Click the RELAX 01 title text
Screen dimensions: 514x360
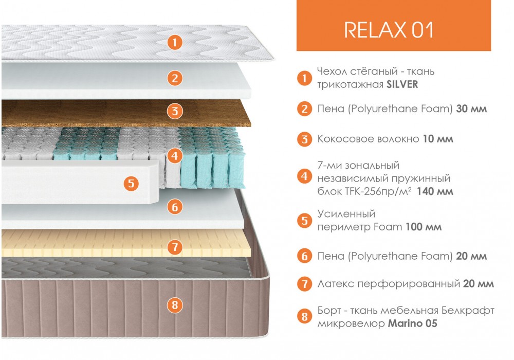pyautogui.click(x=389, y=30)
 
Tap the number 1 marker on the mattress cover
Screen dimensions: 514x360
pyautogui.click(x=175, y=42)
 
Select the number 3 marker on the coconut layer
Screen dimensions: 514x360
pyautogui.click(x=175, y=111)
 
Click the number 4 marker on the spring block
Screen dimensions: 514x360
pyautogui.click(x=175, y=155)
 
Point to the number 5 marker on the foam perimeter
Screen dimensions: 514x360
pyautogui.click(x=131, y=183)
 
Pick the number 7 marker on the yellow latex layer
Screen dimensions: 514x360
pyautogui.click(x=175, y=247)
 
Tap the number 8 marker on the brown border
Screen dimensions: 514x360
pyautogui.click(x=175, y=305)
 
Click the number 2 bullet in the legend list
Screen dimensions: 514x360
pyautogui.click(x=304, y=109)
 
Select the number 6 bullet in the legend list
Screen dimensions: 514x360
pyautogui.click(x=304, y=256)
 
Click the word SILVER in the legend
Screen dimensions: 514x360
pyautogui.click(x=402, y=84)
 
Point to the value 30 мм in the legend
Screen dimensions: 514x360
pyautogui.click(x=471, y=109)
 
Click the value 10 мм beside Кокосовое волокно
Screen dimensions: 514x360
pyautogui.click(x=438, y=139)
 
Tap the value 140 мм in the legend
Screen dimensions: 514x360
pyautogui.click(x=435, y=191)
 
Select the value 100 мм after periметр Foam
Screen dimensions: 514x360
pyautogui.click(x=424, y=227)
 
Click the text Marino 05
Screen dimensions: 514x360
pyautogui.click(x=413, y=323)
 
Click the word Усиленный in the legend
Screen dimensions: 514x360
pyautogui.click(x=346, y=214)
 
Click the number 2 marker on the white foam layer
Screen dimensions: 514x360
pyautogui.click(x=175, y=78)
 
